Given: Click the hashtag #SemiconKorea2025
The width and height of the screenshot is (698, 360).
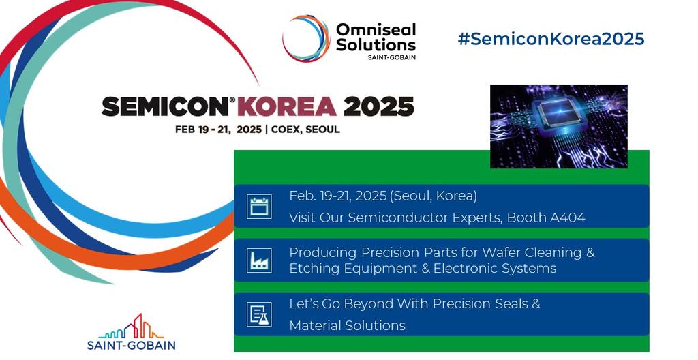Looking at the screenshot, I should coord(551,39).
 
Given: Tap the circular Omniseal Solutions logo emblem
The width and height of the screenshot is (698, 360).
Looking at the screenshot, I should coord(306,39).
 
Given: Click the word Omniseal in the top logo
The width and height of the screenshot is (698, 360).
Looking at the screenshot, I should coord(375,29).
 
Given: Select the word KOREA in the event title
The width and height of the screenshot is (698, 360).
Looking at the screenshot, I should coord(287,106).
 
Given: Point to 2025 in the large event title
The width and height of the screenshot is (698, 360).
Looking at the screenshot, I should coord(378,106).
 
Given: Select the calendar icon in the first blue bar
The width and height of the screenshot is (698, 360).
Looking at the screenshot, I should coord(259,206).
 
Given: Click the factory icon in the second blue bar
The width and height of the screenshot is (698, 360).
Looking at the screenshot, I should coord(259,260).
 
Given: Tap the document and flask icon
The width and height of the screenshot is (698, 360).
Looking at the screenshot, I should coord(259,314).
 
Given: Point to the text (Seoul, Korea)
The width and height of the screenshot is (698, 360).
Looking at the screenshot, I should coord(433,196).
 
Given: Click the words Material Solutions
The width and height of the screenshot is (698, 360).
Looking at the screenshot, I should coord(347,325).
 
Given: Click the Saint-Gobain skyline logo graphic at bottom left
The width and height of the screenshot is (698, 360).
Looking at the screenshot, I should coord(131,327).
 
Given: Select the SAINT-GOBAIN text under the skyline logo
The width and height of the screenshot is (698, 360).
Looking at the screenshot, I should coord(131,345).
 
